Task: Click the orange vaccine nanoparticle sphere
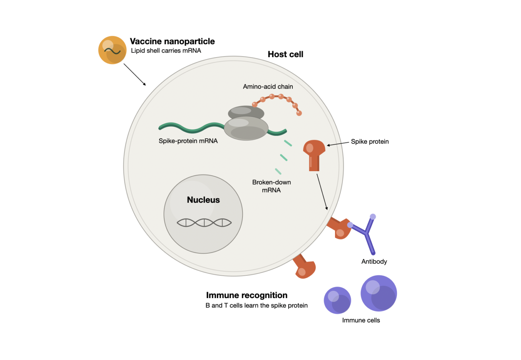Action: pyautogui.click(x=113, y=50)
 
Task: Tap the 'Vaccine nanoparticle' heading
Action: pyautogui.click(x=172, y=41)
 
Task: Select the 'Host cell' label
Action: pyautogui.click(x=285, y=54)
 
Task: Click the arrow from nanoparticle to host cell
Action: pyautogui.click(x=135, y=75)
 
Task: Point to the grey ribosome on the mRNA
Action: pyautogui.click(x=246, y=123)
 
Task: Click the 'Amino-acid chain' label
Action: pyautogui.click(x=268, y=86)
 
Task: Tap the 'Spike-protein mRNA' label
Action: pyautogui.click(x=188, y=141)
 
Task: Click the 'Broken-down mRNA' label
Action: pyautogui.click(x=271, y=186)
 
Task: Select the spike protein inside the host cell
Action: pyautogui.click(x=314, y=155)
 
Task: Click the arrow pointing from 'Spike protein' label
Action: pyautogui.click(x=338, y=144)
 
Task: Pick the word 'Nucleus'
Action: pyautogui.click(x=203, y=200)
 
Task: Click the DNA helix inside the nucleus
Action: pyautogui.click(x=204, y=223)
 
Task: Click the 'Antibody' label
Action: pyautogui.click(x=374, y=262)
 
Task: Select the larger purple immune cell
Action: pyautogui.click(x=379, y=293)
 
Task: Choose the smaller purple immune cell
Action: pyautogui.click(x=338, y=300)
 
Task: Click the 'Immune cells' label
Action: pyautogui.click(x=361, y=320)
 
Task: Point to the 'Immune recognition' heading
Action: pyautogui.click(x=247, y=295)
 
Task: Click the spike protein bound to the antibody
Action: pyautogui.click(x=339, y=228)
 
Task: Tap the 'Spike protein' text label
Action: pyautogui.click(x=370, y=141)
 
